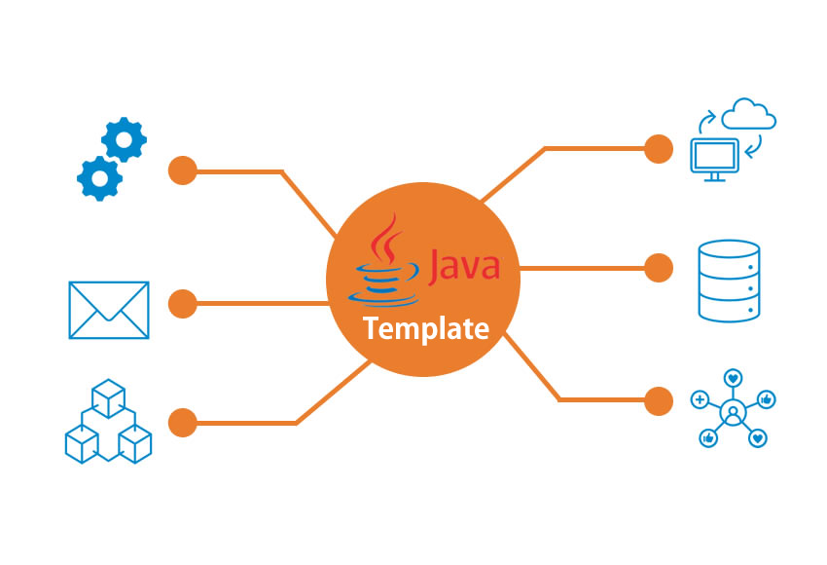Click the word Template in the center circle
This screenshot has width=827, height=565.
coord(426,329)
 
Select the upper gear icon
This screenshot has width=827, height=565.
coord(124,139)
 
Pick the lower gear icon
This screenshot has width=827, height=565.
coord(99,178)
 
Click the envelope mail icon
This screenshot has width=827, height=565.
coord(109,310)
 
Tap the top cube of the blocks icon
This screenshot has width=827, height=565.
coord(109,398)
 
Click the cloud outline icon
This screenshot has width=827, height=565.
coord(748,114)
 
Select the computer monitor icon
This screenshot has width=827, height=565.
coord(715,159)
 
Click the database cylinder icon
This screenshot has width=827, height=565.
coord(730,281)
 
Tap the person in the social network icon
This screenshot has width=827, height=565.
coord(733,411)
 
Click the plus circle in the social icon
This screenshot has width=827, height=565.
coord(700,399)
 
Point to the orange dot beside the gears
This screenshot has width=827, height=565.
coord(183,170)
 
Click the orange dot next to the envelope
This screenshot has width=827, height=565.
coord(183,304)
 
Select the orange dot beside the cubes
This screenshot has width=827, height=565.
coord(183,423)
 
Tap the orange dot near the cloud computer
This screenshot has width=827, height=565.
coord(659,149)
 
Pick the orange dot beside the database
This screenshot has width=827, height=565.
coord(659,268)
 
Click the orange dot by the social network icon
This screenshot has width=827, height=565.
coord(659,400)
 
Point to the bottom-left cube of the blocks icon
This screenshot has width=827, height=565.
coord(82,443)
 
